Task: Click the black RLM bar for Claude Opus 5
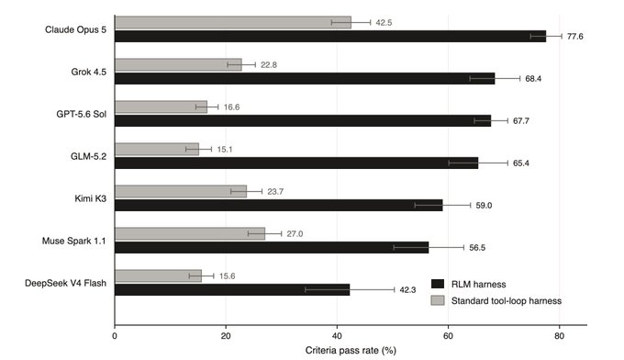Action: (330, 36)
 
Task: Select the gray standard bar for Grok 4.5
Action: (178, 64)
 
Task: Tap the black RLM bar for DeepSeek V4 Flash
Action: (232, 289)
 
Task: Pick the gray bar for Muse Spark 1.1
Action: (190, 233)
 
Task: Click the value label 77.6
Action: (575, 37)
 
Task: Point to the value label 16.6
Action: (231, 107)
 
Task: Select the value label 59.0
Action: (484, 206)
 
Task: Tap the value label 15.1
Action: (225, 150)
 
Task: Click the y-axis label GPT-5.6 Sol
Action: (81, 114)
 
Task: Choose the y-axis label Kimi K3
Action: (90, 198)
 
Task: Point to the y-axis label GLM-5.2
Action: (88, 156)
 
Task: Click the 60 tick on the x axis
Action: (448, 336)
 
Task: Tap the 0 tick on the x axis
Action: (115, 336)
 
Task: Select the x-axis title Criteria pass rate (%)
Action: (351, 351)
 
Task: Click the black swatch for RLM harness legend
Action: (438, 284)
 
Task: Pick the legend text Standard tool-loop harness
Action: (507, 301)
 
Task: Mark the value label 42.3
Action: (407, 290)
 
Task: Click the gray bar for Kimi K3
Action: (181, 191)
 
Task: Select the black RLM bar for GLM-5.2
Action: (296, 163)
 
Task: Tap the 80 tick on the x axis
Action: (559, 336)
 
